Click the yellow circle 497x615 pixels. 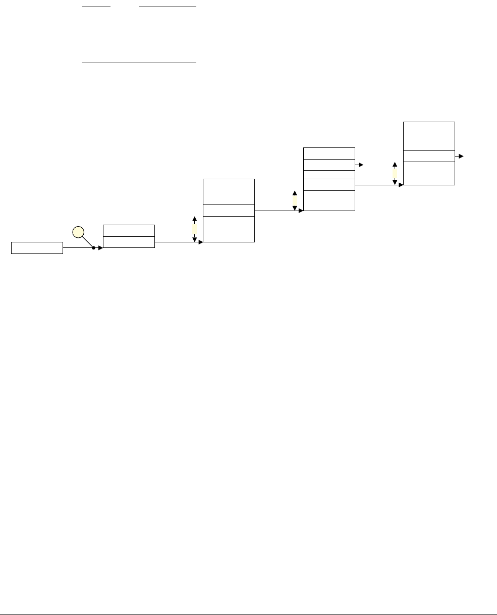tap(77, 232)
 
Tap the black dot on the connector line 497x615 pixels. tap(94, 248)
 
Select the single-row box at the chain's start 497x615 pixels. tap(37, 248)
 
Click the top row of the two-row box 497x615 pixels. tap(129, 230)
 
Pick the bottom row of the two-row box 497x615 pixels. tap(129, 242)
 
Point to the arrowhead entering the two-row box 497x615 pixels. tap(100, 248)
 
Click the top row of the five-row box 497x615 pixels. tap(329, 153)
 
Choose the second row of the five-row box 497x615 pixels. tap(329, 165)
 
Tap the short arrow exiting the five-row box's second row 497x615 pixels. tap(359, 165)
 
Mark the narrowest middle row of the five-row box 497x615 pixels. tap(329, 175)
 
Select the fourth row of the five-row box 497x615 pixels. tap(329, 185)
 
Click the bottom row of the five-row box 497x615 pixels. tap(329, 200)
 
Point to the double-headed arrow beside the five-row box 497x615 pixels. tap(295, 200)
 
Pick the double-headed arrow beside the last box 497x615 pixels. tap(395, 173)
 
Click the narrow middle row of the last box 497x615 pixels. tap(429, 156)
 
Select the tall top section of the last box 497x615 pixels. tap(429, 136)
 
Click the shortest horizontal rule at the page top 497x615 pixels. tap(96, 7)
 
